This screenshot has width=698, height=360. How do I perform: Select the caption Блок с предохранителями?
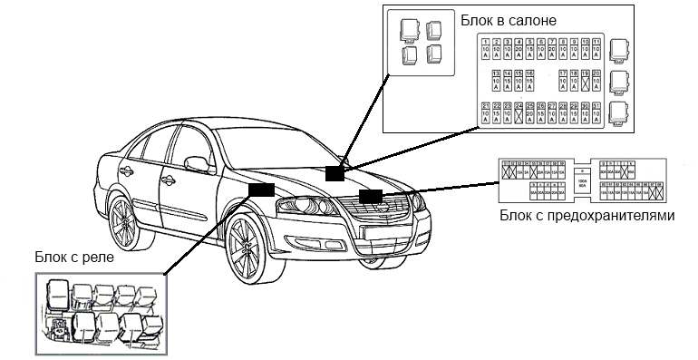(x=587, y=217)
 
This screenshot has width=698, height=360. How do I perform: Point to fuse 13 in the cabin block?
(x=497, y=79)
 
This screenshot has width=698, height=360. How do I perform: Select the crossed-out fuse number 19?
(x=586, y=79)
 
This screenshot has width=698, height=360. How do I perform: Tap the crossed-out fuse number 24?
(x=519, y=113)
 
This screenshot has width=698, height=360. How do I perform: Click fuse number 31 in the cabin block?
(x=596, y=113)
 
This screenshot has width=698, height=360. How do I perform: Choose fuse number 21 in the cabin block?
(x=487, y=113)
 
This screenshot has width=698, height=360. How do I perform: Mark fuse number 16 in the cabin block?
(x=530, y=79)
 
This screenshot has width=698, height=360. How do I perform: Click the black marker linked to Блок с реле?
(x=261, y=190)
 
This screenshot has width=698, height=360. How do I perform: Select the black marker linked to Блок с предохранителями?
(x=371, y=195)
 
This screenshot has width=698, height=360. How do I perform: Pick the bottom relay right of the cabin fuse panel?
(x=621, y=112)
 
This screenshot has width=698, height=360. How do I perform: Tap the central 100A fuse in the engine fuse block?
(x=583, y=180)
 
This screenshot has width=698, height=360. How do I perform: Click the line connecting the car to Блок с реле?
(x=208, y=231)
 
